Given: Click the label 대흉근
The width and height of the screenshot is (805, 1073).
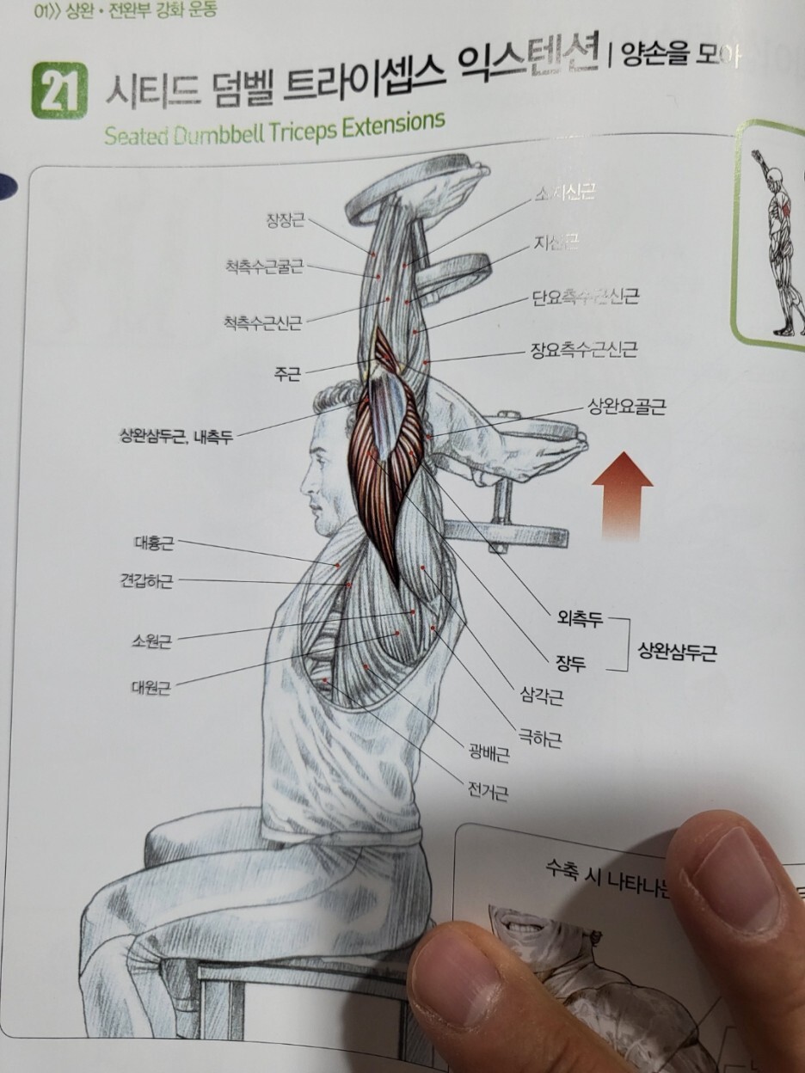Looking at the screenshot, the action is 154,543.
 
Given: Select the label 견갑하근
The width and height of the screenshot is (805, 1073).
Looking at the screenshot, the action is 146,581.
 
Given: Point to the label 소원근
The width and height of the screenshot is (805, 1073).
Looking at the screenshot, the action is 152,641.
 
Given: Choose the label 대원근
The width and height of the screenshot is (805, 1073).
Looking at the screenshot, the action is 151,687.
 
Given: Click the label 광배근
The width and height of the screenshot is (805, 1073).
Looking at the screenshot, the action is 489,756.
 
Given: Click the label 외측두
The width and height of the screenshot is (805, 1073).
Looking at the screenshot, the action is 581,617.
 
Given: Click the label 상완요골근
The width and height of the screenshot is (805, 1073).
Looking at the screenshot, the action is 627,407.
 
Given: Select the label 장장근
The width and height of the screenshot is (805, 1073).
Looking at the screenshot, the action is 285,222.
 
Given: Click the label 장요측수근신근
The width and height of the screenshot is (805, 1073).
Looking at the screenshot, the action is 584,350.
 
